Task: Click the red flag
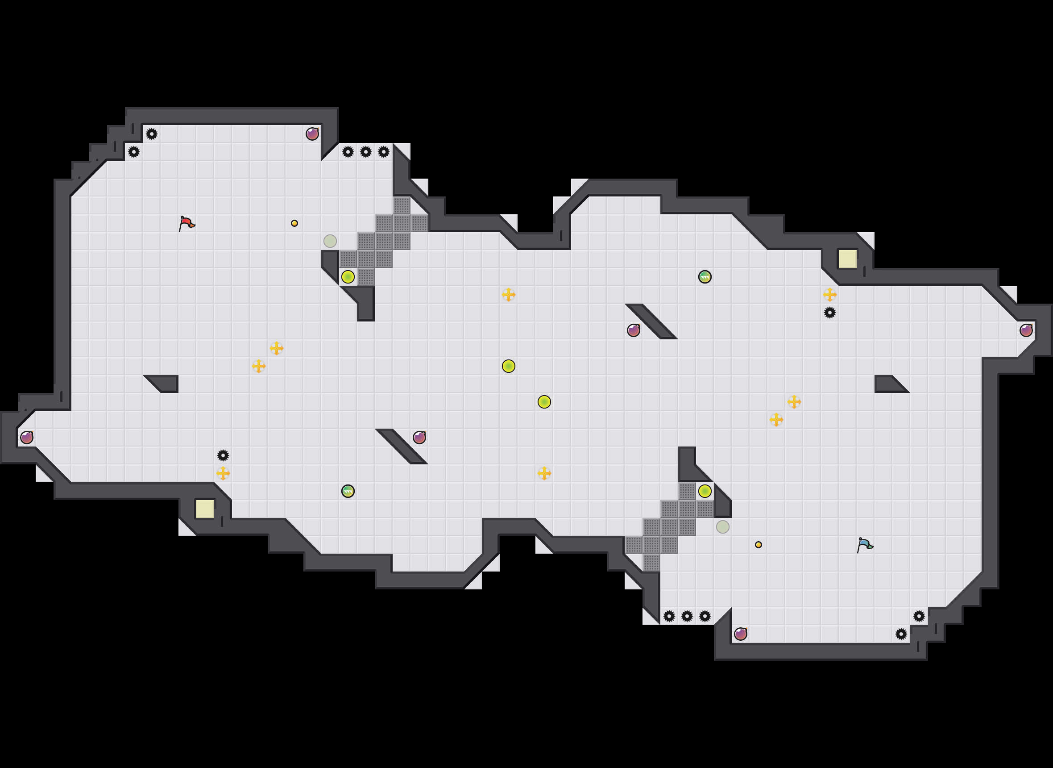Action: (x=187, y=223)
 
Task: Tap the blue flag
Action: (x=864, y=544)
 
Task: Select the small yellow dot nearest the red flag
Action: (x=294, y=223)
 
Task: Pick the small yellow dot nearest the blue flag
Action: (x=758, y=544)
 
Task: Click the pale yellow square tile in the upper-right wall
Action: (x=847, y=259)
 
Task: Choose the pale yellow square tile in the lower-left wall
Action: (x=205, y=509)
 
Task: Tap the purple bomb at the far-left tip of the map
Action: (x=27, y=438)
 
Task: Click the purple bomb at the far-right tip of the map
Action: (x=1026, y=330)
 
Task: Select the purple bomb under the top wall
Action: (x=312, y=134)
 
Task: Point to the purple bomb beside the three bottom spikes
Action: (x=740, y=634)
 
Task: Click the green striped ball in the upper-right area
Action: (x=705, y=276)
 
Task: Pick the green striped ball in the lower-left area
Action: (x=348, y=491)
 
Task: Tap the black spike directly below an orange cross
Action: (x=829, y=313)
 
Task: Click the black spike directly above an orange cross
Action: (x=223, y=455)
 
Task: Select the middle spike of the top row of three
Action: (x=365, y=151)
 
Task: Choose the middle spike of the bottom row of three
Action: (x=687, y=616)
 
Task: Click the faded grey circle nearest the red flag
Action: (x=330, y=241)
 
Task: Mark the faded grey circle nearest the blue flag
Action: (x=722, y=527)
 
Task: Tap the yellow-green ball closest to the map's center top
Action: (x=508, y=366)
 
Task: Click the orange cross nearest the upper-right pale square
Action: (x=829, y=294)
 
